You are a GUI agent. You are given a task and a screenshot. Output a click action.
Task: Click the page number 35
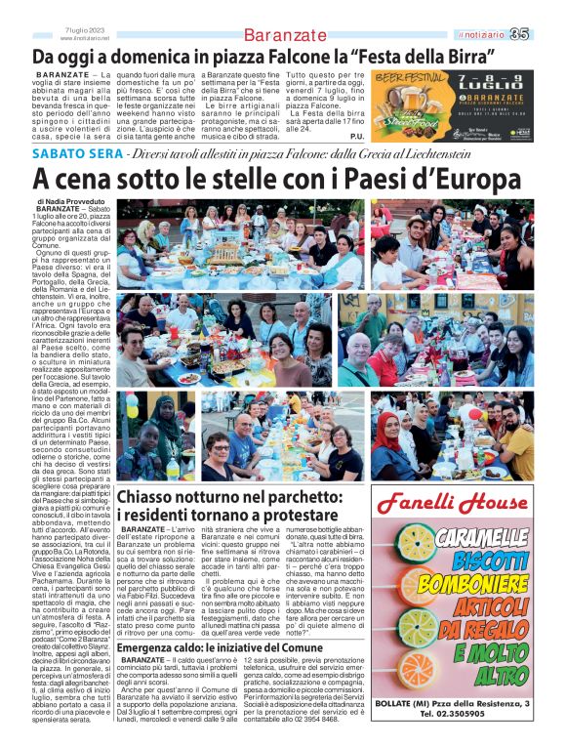[546, 34]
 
